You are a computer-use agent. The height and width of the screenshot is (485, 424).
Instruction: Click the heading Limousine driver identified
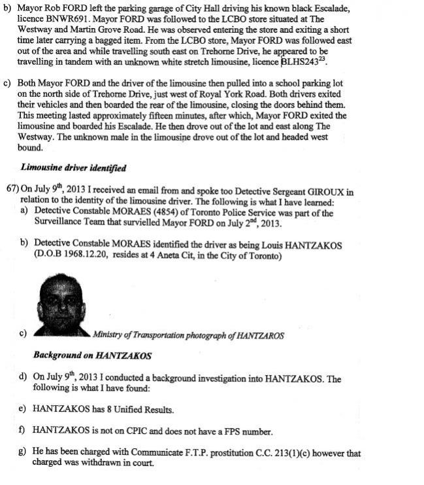tap(73, 168)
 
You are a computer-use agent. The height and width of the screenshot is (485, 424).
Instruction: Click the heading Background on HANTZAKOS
tap(92, 356)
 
